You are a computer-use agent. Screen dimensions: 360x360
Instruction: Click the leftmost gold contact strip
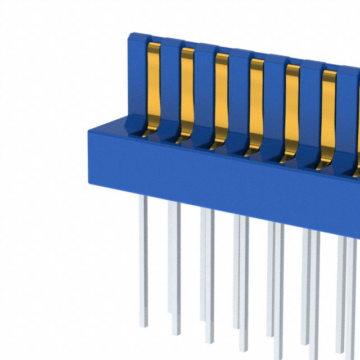click(x=154, y=84)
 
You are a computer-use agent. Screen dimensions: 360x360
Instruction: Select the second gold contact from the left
click(x=187, y=90)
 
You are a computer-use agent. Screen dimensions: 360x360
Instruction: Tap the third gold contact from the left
click(x=222, y=96)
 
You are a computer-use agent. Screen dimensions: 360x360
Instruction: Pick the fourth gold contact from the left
click(x=256, y=101)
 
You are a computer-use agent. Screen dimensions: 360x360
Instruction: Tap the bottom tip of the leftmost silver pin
click(x=143, y=326)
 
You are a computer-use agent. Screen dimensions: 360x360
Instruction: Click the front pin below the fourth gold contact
click(x=244, y=281)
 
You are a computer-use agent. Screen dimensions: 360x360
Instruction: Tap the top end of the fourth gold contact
click(x=257, y=61)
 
